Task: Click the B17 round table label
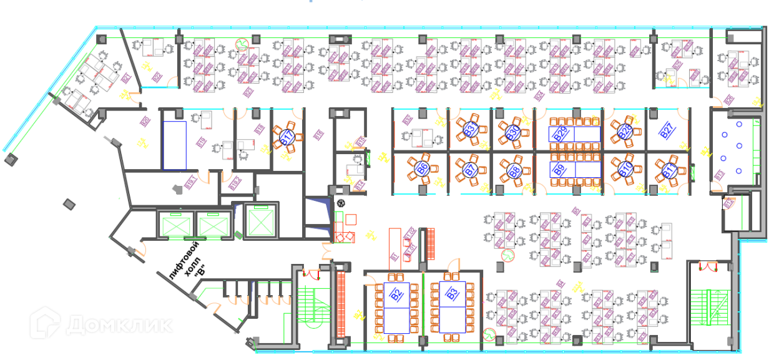click(288, 138)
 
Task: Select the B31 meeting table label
click(469, 130)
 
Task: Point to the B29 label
click(559, 133)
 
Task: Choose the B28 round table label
click(625, 132)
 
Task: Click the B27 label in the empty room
click(667, 131)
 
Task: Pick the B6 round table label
click(422, 168)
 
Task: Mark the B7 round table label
click(469, 169)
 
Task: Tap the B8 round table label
click(514, 170)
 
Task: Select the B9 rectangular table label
click(559, 169)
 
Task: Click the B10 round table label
click(625, 169)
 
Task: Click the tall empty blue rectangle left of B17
click(175, 145)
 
